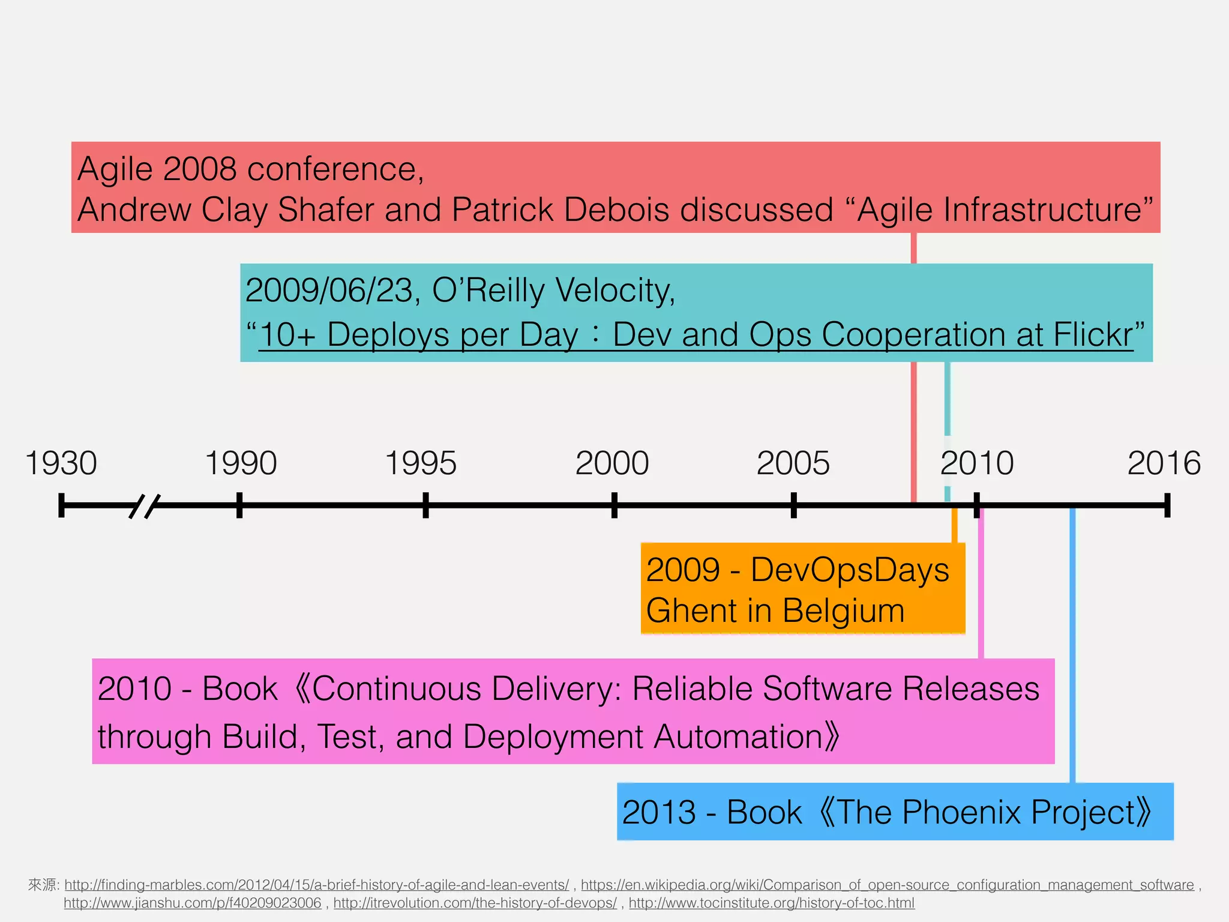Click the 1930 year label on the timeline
(x=61, y=463)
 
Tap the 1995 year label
(x=421, y=463)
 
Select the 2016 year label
(x=1164, y=463)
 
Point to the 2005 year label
(x=793, y=463)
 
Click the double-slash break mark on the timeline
(x=145, y=506)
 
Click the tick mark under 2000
(x=614, y=505)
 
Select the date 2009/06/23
(x=328, y=291)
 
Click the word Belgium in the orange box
(x=843, y=611)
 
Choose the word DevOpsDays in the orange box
(x=849, y=570)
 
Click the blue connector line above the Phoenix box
(x=1072, y=648)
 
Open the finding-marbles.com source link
(x=316, y=885)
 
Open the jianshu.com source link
(x=192, y=903)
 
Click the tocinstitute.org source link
(x=771, y=903)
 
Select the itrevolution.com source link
(x=475, y=903)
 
